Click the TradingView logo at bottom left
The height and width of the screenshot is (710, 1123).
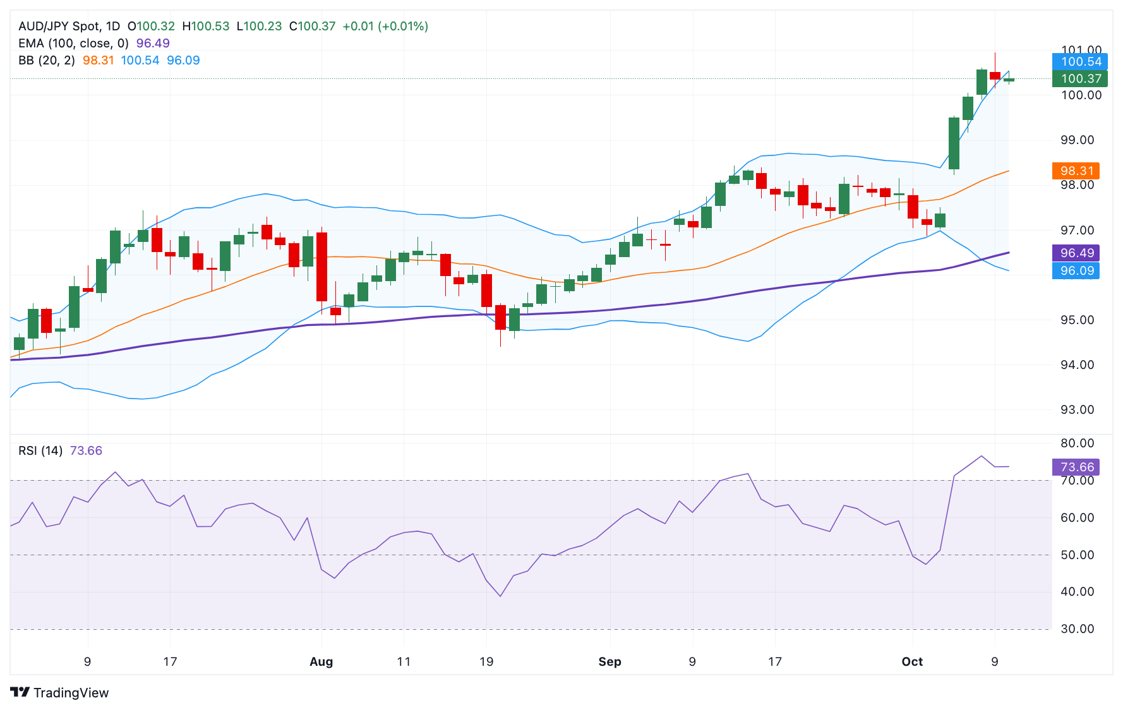point(59,692)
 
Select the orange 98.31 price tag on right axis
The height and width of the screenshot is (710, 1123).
point(1076,171)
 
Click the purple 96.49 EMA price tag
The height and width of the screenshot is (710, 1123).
point(1076,253)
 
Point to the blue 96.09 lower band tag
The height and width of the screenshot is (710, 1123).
point(1076,271)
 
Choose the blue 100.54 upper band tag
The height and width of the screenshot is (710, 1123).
point(1080,62)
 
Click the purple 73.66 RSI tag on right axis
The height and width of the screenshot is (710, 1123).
point(1076,467)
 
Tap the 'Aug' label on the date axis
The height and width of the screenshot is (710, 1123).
point(321,661)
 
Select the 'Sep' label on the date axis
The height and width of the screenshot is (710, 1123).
point(610,661)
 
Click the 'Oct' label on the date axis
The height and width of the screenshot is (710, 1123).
point(911,661)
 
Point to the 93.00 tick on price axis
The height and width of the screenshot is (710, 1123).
point(1077,409)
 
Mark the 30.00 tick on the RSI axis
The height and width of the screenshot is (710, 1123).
point(1077,629)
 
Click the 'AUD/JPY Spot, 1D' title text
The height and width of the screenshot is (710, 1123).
point(69,26)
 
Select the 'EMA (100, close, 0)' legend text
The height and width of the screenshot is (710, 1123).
point(73,43)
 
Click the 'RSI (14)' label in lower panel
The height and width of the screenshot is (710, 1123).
point(40,450)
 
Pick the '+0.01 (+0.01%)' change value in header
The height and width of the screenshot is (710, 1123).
point(385,26)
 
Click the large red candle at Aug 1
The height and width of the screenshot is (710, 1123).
point(321,267)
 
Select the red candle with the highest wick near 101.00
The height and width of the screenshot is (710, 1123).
point(995,75)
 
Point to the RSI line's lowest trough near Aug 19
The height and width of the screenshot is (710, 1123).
point(500,596)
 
